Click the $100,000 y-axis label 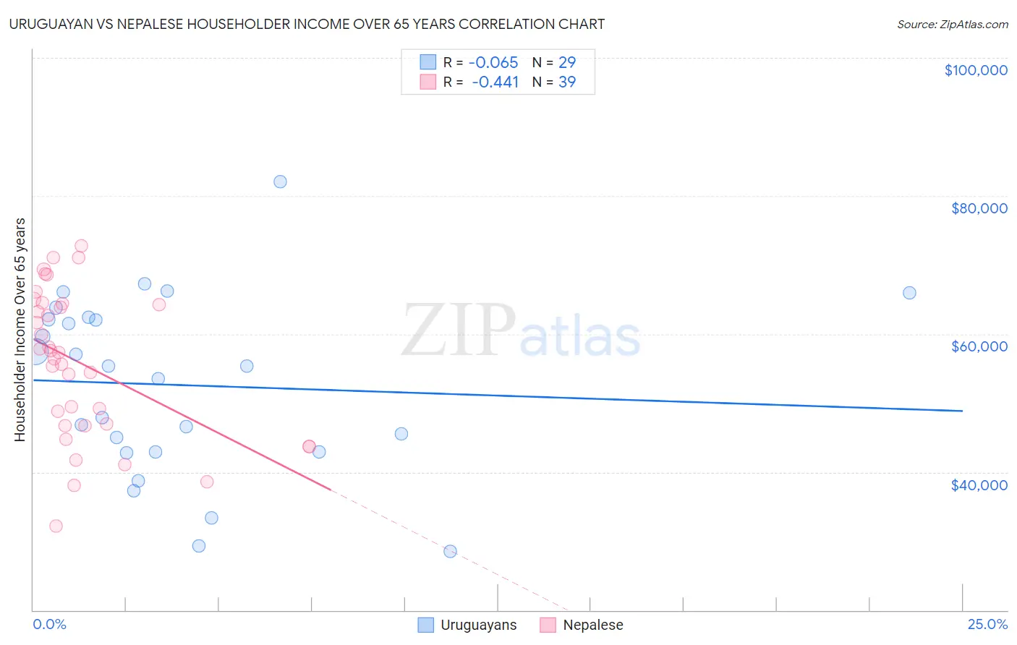click(975, 70)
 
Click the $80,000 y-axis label click(979, 208)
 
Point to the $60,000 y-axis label click(979, 346)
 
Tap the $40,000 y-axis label click(979, 484)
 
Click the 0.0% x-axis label click(49, 624)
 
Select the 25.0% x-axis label click(987, 624)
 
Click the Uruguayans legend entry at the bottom click(478, 625)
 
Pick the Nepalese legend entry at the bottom click(592, 625)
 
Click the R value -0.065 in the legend click(494, 62)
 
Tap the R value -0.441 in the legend click(495, 82)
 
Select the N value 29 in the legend click(567, 62)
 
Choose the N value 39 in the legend click(567, 82)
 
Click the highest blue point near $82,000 click(280, 181)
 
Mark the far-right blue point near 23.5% click(909, 293)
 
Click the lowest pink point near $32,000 click(56, 526)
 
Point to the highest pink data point click(81, 246)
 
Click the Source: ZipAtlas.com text click(952, 25)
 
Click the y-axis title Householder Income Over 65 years click(20, 330)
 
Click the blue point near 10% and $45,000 click(401, 434)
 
